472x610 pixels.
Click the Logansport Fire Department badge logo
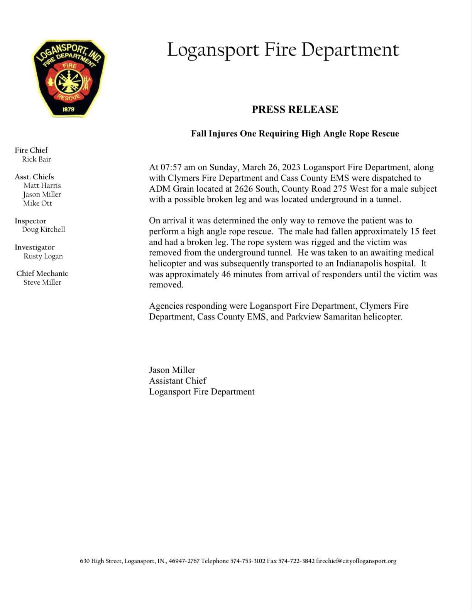click(x=69, y=78)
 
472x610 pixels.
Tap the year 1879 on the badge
click(x=68, y=109)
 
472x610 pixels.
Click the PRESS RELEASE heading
click(x=295, y=110)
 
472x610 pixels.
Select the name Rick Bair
click(x=36, y=159)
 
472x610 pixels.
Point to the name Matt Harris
click(x=42, y=185)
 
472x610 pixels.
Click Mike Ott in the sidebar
click(x=37, y=203)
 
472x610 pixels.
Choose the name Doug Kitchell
click(x=43, y=229)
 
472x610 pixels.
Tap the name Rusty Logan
click(x=43, y=256)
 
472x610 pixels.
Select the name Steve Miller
click(x=42, y=282)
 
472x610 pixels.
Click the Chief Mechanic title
click(x=42, y=274)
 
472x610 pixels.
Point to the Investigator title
click(x=35, y=247)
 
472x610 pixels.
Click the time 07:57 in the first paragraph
click(x=171, y=167)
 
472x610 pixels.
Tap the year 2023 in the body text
click(x=291, y=167)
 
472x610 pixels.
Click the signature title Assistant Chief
click(x=178, y=381)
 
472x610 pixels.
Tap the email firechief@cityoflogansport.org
click(x=356, y=561)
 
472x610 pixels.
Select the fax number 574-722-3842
click(x=296, y=561)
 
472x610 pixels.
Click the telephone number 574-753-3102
click(x=248, y=561)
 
